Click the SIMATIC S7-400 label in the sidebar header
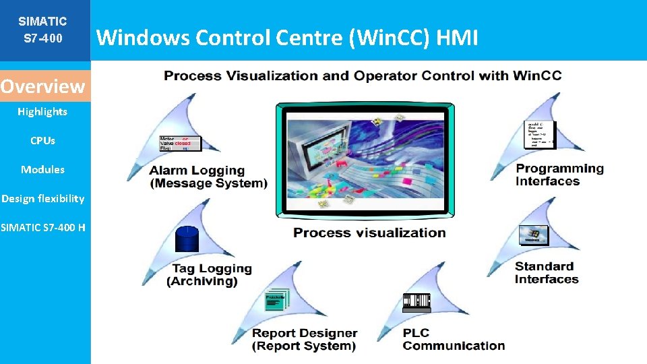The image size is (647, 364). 42,30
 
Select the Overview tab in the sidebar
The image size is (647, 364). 43,86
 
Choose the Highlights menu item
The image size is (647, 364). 42,112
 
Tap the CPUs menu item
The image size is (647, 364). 42,141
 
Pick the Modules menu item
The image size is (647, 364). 42,170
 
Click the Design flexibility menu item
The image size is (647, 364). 42,198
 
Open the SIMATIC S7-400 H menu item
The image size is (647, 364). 43,227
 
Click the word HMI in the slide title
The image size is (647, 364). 457,38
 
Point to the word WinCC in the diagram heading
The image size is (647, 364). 535,75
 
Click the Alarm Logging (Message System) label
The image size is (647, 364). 208,177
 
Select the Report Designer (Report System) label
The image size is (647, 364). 304,339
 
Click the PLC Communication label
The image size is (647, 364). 454,339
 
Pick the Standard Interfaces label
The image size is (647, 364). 546,272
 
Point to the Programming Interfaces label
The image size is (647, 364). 559,175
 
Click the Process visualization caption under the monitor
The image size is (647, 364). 369,233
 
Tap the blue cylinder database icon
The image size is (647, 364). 187,237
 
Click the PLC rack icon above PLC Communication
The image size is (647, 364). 416,302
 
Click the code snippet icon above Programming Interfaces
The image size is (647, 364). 539,133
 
